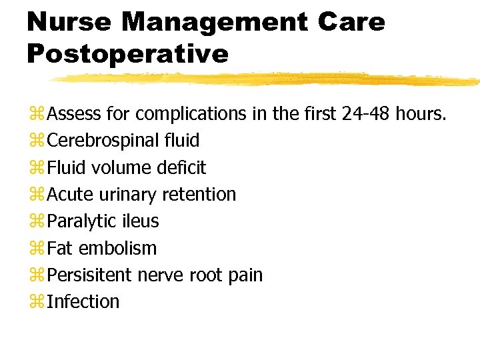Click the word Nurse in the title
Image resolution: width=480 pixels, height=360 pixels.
67,22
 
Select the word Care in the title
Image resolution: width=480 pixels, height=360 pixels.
351,22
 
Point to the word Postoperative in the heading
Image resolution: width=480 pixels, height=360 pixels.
127,53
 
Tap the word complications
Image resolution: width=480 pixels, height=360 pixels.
190,115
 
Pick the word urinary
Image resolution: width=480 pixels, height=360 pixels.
127,195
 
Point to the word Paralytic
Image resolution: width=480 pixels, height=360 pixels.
83,221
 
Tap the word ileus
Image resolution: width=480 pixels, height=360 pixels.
139,221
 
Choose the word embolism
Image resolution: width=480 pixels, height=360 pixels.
117,248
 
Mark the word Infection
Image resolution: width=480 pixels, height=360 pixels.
83,301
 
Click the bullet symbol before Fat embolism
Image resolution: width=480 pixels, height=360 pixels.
36,249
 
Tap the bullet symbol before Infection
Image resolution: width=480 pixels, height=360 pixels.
36,302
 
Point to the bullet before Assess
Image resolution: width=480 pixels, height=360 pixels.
36,115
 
